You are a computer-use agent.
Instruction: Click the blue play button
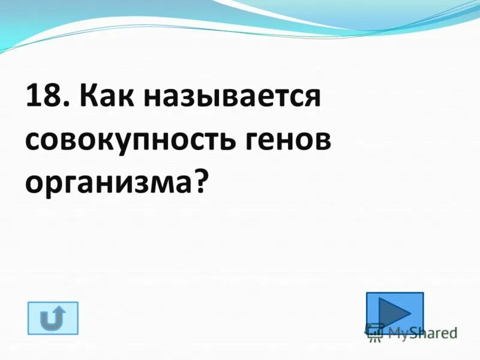(x=394, y=311)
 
